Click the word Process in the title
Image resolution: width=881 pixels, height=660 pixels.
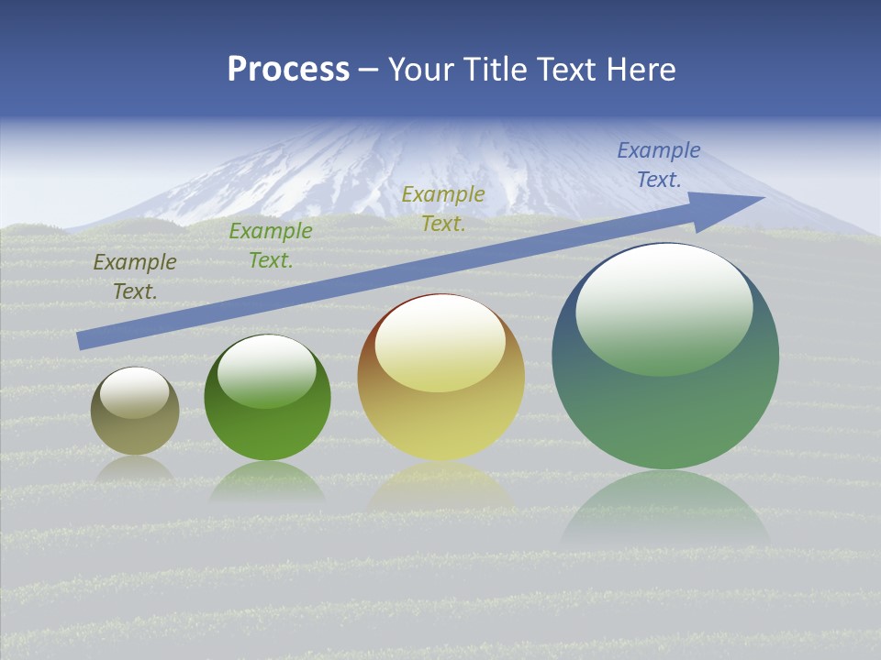pyautogui.click(x=288, y=70)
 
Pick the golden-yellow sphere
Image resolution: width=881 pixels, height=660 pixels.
pyautogui.click(x=441, y=385)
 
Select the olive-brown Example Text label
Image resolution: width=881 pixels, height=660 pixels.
pyautogui.click(x=135, y=276)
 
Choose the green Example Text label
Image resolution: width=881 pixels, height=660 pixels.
pyautogui.click(x=271, y=245)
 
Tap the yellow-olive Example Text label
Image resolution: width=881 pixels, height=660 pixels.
pyautogui.click(x=443, y=208)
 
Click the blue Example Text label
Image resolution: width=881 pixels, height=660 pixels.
pyautogui.click(x=659, y=164)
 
